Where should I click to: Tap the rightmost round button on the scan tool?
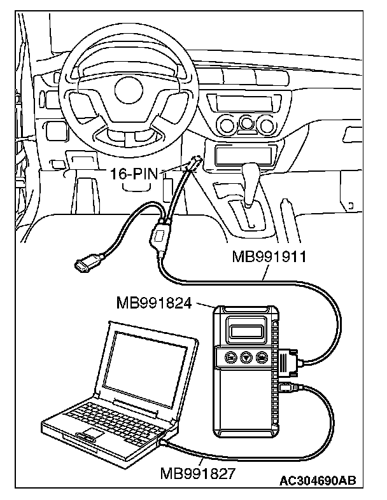(x=262, y=358)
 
